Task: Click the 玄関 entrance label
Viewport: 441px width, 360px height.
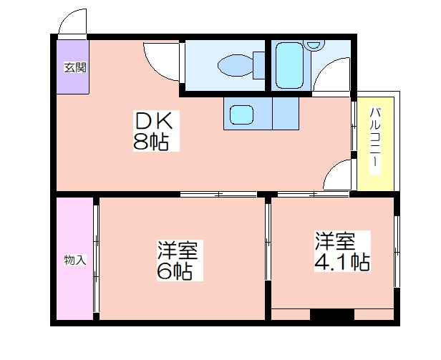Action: pos(74,68)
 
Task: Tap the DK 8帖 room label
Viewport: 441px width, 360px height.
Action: pos(156,131)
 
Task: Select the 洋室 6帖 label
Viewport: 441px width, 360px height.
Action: pos(180,260)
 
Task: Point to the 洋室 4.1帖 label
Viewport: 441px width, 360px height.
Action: pos(342,251)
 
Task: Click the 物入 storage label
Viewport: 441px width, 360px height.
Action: pos(74,260)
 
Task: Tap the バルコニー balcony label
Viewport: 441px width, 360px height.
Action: pos(374,141)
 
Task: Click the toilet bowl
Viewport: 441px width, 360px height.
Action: pos(236,65)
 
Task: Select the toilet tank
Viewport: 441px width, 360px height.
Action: pos(258,65)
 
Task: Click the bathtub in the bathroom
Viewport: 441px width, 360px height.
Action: pos(289,65)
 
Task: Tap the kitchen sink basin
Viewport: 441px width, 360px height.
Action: pos(241,115)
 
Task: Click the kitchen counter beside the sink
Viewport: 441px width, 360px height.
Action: pos(286,113)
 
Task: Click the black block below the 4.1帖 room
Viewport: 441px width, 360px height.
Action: pos(332,314)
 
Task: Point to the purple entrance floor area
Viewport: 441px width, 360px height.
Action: pos(73,67)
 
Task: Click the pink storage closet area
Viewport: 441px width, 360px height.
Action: pos(74,259)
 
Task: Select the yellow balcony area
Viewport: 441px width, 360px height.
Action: pos(375,144)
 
